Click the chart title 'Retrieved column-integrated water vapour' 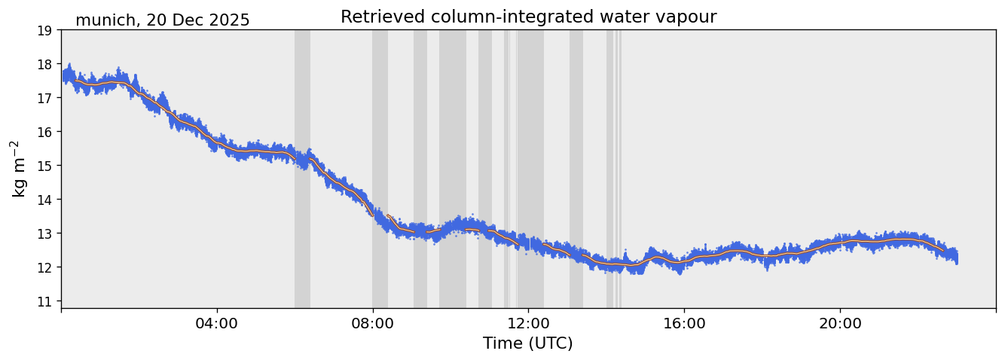pyautogui.click(x=528, y=17)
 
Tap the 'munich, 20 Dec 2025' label pyautogui.click(x=162, y=20)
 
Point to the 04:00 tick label pyautogui.click(x=217, y=324)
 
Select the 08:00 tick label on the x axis pyautogui.click(x=373, y=324)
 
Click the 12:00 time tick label pyautogui.click(x=529, y=324)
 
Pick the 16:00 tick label pyautogui.click(x=684, y=324)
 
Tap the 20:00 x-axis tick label pyautogui.click(x=840, y=324)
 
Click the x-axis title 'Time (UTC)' pyautogui.click(x=528, y=343)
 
